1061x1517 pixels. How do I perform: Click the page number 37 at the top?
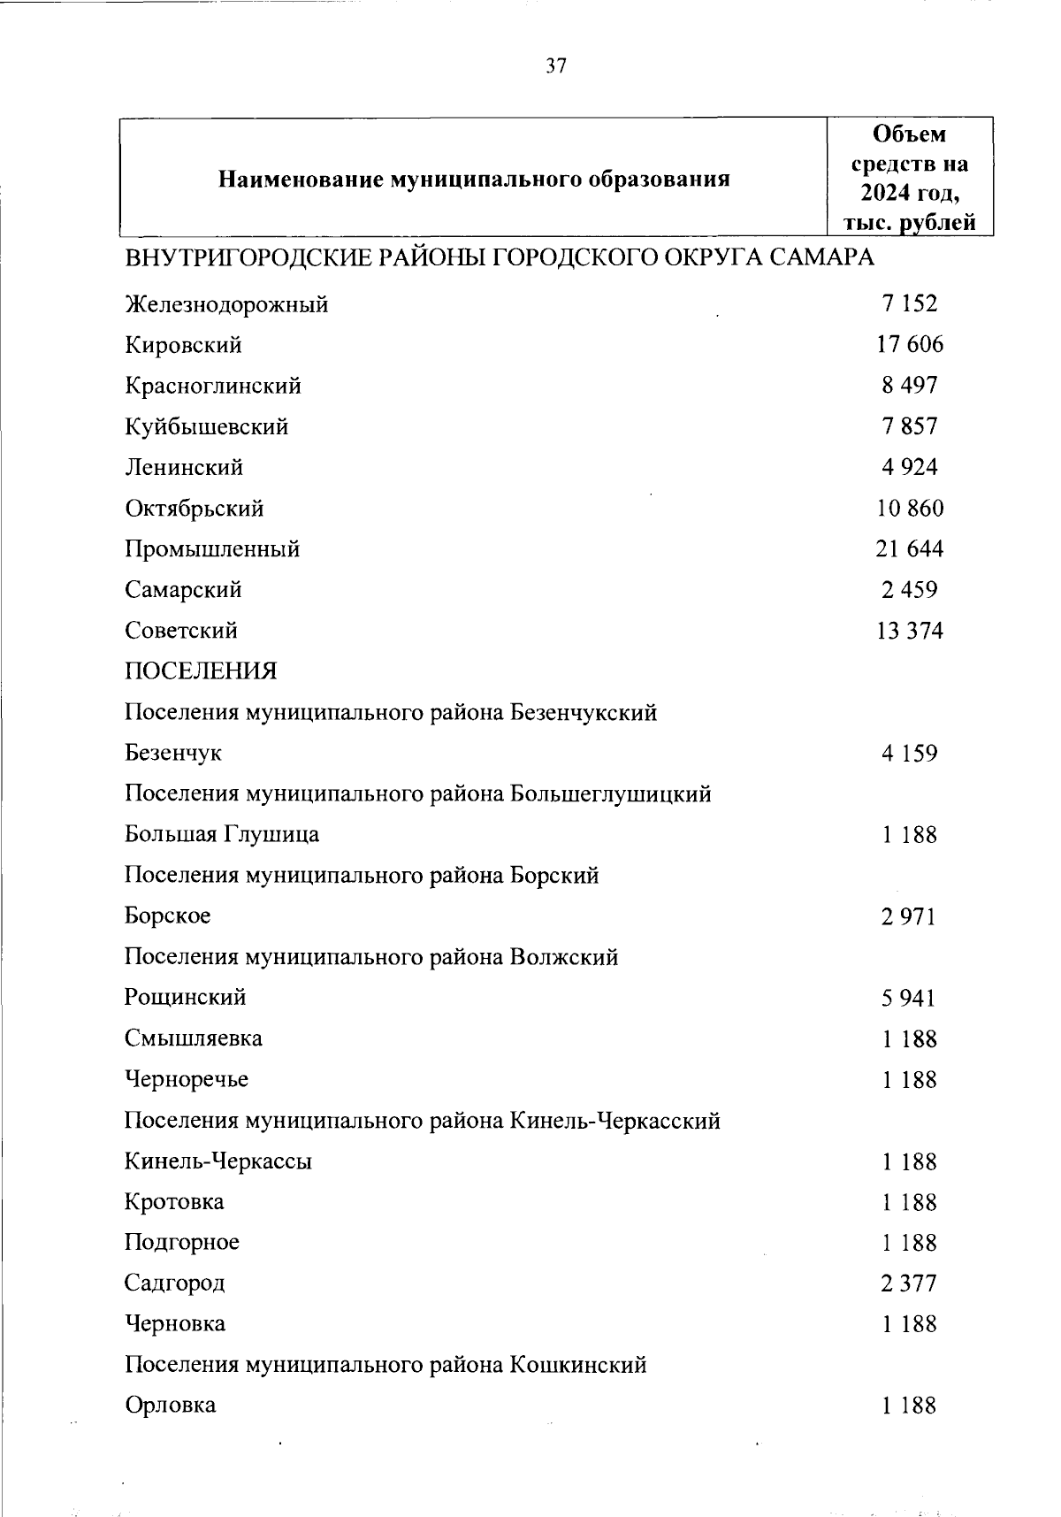pos(555,67)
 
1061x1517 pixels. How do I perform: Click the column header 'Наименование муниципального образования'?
pos(474,180)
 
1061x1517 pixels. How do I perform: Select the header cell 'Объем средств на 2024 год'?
pos(909,178)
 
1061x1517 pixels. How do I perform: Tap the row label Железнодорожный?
pos(226,305)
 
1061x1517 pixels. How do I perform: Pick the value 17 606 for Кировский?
pos(909,345)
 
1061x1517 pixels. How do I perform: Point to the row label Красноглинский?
pos(213,387)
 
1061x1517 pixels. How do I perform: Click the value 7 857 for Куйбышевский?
pos(909,426)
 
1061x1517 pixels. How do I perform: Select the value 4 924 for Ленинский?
pos(909,467)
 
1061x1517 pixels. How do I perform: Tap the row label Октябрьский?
pos(195,509)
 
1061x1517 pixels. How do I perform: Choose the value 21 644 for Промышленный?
pos(909,549)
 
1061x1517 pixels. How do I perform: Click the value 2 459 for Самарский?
pos(909,590)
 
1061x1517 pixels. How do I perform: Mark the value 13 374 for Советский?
pos(909,631)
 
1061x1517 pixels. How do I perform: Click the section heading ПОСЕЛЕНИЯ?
pos(201,671)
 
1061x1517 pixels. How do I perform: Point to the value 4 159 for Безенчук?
pos(909,754)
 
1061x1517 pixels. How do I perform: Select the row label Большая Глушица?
pos(222,835)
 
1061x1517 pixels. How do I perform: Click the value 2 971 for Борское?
pos(908,916)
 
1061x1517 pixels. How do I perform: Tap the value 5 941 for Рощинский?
pos(908,999)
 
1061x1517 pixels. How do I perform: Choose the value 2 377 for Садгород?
pos(908,1283)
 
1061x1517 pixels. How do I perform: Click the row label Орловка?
pos(171,1406)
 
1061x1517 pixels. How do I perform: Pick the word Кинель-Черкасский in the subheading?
pos(615,1122)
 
